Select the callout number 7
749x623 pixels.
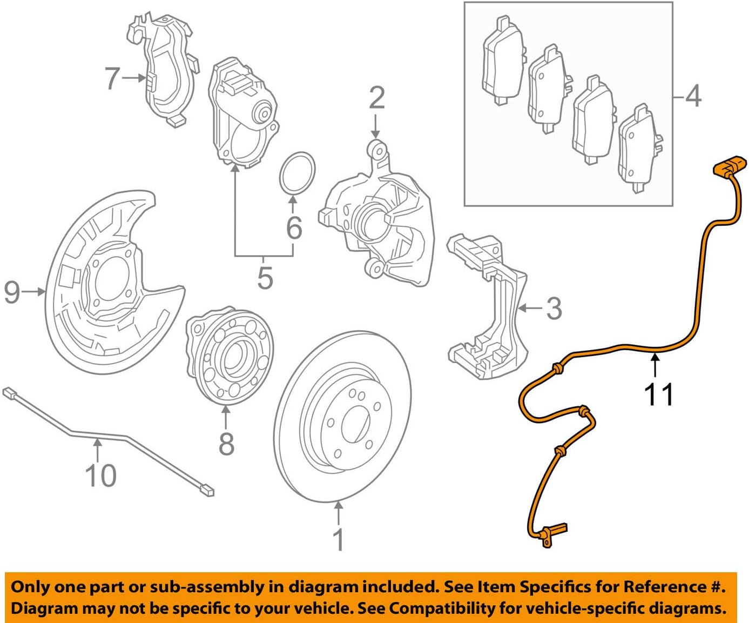tap(112, 78)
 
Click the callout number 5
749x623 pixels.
tap(265, 278)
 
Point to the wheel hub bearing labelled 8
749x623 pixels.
tap(230, 357)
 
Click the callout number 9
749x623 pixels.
tap(12, 292)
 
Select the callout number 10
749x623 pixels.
tap(100, 475)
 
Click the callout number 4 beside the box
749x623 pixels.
tap(693, 97)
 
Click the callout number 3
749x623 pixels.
tap(554, 309)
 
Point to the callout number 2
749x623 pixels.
tap(376, 98)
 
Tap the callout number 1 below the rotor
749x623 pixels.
tap(339, 539)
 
